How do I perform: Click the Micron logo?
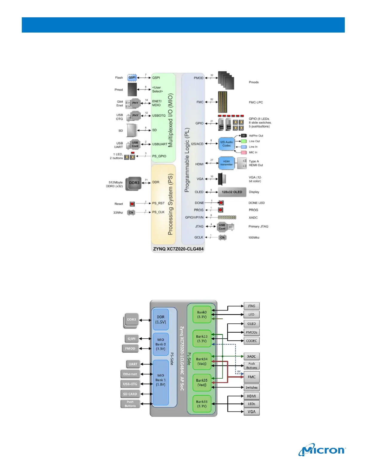[322, 450]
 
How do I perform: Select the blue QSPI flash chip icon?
[132, 78]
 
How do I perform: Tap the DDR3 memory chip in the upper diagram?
[134, 183]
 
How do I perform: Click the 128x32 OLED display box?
[232, 192]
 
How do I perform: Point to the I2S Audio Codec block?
[226, 144]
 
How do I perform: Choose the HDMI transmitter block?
[226, 163]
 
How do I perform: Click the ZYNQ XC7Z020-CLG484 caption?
[178, 249]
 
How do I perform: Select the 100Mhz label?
[254, 238]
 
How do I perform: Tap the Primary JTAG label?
[258, 226]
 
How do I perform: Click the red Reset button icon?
[132, 204]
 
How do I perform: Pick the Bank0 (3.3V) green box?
[202, 314]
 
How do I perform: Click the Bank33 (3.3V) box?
[202, 404]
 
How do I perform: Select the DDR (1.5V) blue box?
[161, 320]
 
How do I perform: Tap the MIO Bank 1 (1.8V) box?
[161, 380]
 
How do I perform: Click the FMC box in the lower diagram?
[251, 377]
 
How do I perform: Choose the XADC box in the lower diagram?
[251, 356]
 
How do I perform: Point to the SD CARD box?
[130, 394]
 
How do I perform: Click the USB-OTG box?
[130, 384]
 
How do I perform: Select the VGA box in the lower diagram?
[251, 411]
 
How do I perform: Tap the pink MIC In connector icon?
[244, 153]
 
